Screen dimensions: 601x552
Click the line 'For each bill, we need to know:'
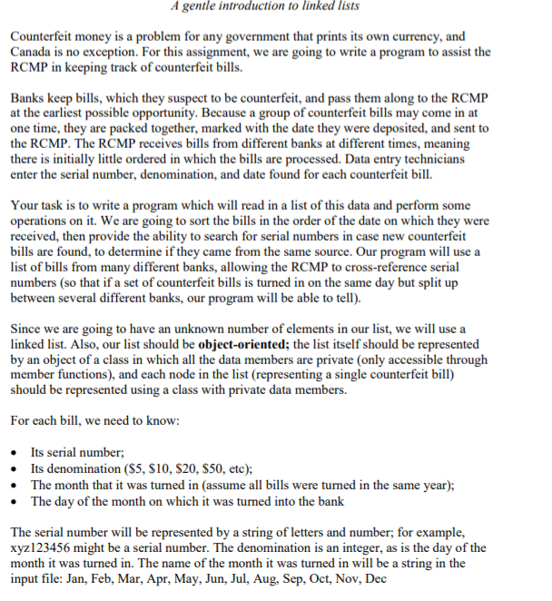(101, 421)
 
